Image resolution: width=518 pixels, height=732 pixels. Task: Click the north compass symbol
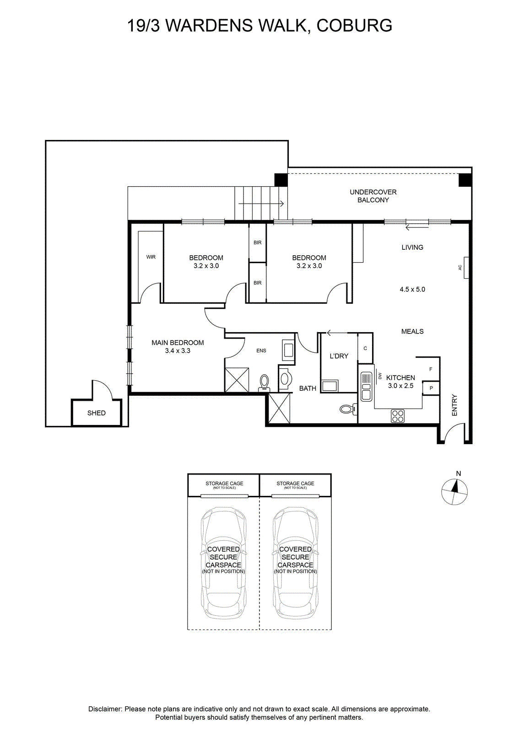click(454, 492)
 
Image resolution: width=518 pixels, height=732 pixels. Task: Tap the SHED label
click(97, 413)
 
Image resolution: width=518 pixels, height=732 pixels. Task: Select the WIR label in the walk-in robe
click(151, 257)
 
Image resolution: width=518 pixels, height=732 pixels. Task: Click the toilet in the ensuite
click(264, 383)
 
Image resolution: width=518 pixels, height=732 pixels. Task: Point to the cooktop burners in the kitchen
click(398, 416)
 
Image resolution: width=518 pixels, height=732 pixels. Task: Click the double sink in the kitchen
click(367, 387)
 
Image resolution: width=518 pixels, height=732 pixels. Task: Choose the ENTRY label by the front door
click(454, 405)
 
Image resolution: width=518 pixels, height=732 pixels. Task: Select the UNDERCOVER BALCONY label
click(373, 196)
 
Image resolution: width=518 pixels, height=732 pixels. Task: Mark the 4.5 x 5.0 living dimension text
click(412, 289)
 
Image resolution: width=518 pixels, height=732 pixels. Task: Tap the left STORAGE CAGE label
click(224, 483)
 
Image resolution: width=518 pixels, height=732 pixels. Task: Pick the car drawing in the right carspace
click(296, 565)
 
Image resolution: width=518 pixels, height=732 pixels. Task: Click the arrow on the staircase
click(261, 204)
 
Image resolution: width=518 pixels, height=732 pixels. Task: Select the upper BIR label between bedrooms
click(258, 242)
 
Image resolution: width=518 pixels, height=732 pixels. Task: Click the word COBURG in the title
click(355, 26)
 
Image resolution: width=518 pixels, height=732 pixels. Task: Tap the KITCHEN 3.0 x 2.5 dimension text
click(401, 382)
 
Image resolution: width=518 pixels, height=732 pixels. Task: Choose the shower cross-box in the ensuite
click(237, 380)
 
